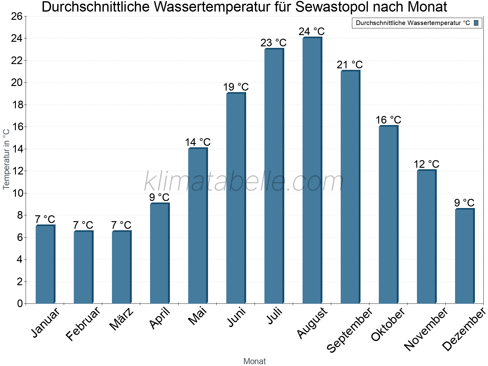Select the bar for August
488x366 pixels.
312,171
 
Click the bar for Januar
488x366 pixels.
45,265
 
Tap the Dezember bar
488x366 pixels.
465,256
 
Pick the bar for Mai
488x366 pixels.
198,226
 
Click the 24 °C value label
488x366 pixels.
311,32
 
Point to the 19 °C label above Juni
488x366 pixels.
236,87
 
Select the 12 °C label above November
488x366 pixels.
426,164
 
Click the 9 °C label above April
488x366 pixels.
159,198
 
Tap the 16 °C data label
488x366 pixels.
388,120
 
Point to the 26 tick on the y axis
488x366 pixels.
17,16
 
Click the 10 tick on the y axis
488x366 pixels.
17,193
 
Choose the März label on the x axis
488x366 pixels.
121,319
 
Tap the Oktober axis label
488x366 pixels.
388,325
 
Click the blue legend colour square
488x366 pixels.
476,23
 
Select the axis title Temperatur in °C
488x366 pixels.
6,159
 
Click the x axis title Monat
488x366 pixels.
255,361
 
